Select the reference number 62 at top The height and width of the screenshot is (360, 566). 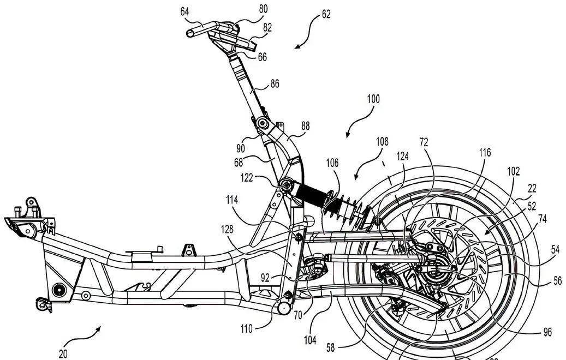coord(326,14)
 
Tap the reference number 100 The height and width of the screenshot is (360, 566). coord(373,100)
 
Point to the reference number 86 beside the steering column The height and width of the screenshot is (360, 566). coord(275,85)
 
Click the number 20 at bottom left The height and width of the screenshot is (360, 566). coord(63,353)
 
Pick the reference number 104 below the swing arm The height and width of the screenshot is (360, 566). coord(310,340)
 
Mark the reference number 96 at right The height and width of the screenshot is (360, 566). coord(548,332)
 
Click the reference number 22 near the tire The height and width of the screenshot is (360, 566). coord(532,188)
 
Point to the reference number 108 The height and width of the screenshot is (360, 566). coord(382,142)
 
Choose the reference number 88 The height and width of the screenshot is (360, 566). coord(305,125)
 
